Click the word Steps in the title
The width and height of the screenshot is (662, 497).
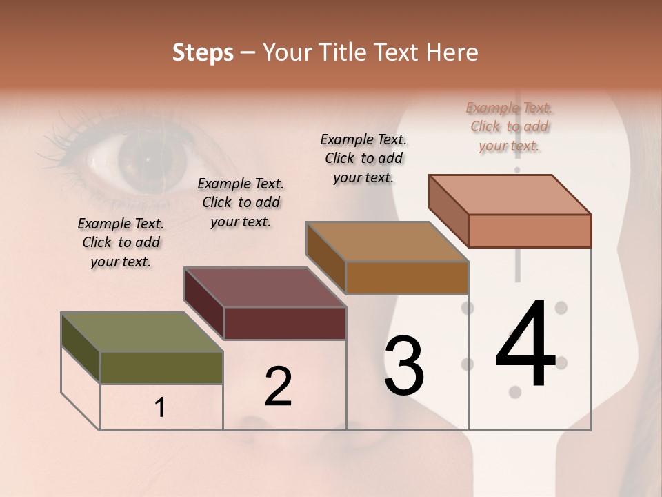pos(203,52)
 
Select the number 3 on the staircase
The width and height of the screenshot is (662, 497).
pos(403,366)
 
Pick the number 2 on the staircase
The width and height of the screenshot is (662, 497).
pos(278,387)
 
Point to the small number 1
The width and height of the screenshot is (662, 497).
pos(160,408)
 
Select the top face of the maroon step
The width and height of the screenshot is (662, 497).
pos(265,287)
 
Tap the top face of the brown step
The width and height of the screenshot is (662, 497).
pos(388,242)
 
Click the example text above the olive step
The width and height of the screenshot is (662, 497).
pos(120,242)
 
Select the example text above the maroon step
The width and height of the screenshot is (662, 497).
pos(241,202)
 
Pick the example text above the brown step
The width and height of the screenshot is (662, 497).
pos(363,158)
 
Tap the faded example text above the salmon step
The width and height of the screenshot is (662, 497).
pos(510,126)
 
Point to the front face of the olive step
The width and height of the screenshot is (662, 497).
pos(161,367)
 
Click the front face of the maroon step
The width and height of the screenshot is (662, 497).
pos(285,323)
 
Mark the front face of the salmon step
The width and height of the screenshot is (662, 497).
pos(530,231)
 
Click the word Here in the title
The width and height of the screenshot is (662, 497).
pos(453,52)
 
